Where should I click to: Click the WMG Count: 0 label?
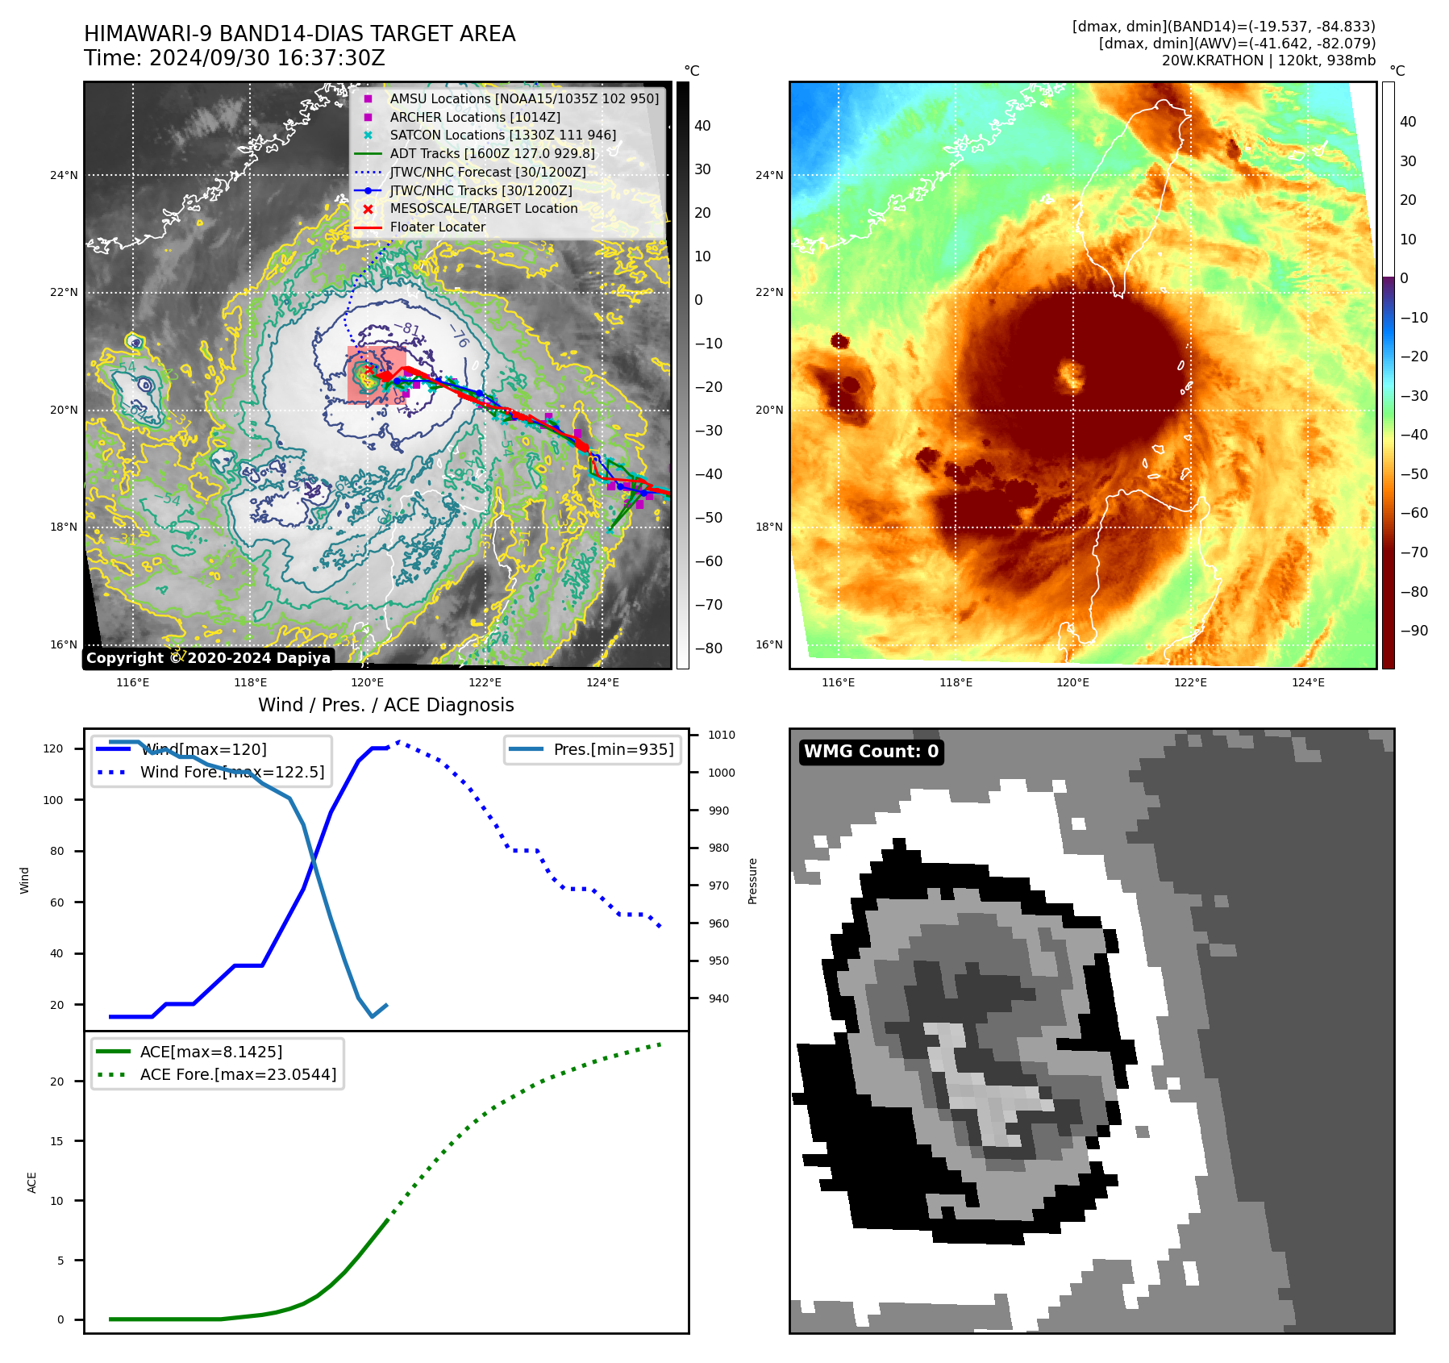[x=871, y=752]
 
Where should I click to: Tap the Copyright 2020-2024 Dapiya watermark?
[x=208, y=658]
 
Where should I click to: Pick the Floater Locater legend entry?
[x=437, y=227]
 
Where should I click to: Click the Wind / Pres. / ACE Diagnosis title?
[x=385, y=705]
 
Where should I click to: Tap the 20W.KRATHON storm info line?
[x=1268, y=60]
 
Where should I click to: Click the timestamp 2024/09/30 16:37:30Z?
[x=267, y=59]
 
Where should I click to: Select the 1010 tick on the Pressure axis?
[x=721, y=735]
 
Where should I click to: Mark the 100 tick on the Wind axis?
[x=52, y=800]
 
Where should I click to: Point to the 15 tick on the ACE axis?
[x=56, y=1141]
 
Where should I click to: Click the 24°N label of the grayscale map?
[x=64, y=175]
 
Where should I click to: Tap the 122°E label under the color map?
[x=1190, y=682]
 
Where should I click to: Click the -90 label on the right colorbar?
[x=1414, y=631]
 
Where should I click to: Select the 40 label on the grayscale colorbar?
[x=702, y=126]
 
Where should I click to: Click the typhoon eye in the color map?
[x=1072, y=375]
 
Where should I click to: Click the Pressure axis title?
[x=752, y=881]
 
